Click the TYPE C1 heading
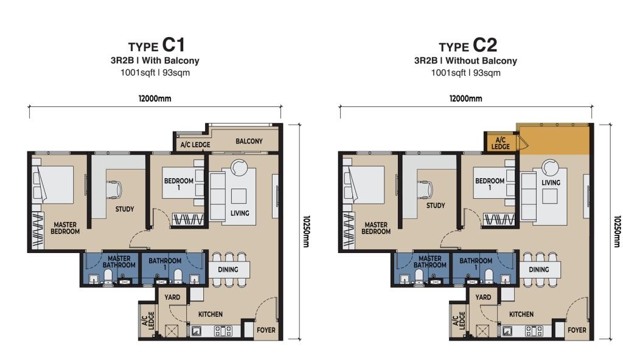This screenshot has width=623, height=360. point(156,46)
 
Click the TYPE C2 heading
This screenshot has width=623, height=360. point(468,46)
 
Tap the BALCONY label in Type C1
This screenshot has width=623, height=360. point(249,142)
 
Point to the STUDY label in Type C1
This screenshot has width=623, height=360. point(125,209)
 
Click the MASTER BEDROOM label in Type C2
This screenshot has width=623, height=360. point(376,228)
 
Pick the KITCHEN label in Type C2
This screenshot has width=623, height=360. point(521,314)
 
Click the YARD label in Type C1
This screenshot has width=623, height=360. point(172,297)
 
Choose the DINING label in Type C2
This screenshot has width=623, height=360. point(538,269)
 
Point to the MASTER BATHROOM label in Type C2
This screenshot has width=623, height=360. point(430,261)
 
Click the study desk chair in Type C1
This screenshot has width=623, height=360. point(115,189)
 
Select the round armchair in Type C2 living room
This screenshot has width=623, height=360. point(551,167)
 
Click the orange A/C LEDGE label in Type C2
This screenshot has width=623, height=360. point(501,143)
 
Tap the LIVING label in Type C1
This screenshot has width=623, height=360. point(240,213)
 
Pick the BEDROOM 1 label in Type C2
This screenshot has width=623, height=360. point(490,184)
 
